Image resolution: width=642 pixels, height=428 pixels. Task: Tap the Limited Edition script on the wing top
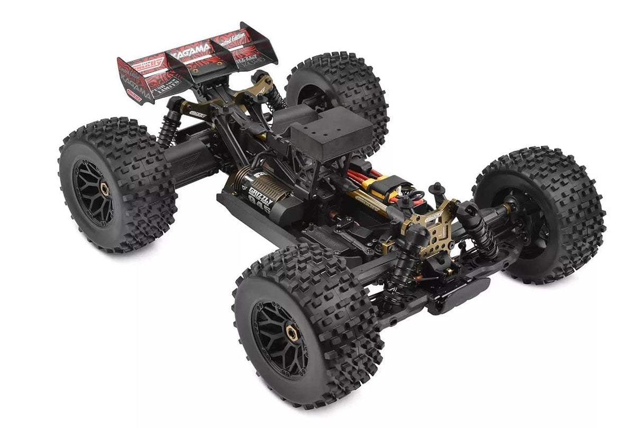coord(234,40)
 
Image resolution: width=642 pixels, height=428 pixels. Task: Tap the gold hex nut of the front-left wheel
coord(290,332)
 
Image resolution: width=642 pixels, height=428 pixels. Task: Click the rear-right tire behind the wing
coord(338,90)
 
